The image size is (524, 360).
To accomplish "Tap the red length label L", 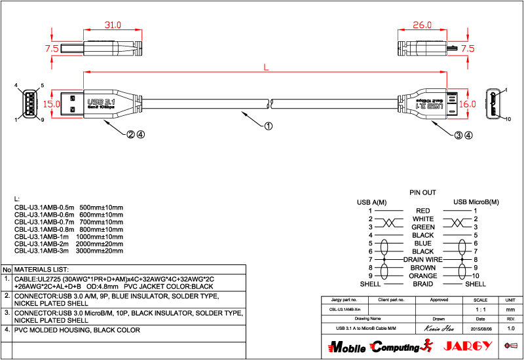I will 265,67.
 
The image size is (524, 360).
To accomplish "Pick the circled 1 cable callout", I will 268,127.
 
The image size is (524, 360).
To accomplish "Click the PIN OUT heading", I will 422,193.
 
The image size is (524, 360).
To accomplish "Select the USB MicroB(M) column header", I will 476,202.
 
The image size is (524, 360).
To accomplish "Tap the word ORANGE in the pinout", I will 423,276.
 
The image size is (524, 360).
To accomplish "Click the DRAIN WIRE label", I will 423,260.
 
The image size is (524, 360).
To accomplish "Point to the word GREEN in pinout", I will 423,227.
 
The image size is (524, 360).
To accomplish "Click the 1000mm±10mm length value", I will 100,236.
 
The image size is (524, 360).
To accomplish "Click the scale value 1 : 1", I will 480,308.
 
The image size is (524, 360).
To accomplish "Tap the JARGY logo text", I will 467,346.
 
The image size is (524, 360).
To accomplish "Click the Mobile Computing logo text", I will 374,346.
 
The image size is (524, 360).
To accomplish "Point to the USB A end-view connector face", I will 29,103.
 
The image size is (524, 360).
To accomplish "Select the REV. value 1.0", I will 511,327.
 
